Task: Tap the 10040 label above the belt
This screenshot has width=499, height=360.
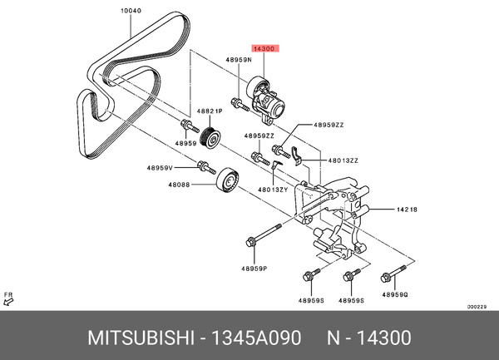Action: click(131, 12)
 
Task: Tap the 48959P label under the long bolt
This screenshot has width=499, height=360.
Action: click(254, 268)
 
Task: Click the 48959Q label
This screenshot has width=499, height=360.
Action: click(396, 293)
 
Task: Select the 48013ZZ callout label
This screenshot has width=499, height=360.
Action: click(343, 160)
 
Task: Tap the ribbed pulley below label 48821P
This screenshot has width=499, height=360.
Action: click(211, 137)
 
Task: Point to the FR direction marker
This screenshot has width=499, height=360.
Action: click(8, 297)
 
